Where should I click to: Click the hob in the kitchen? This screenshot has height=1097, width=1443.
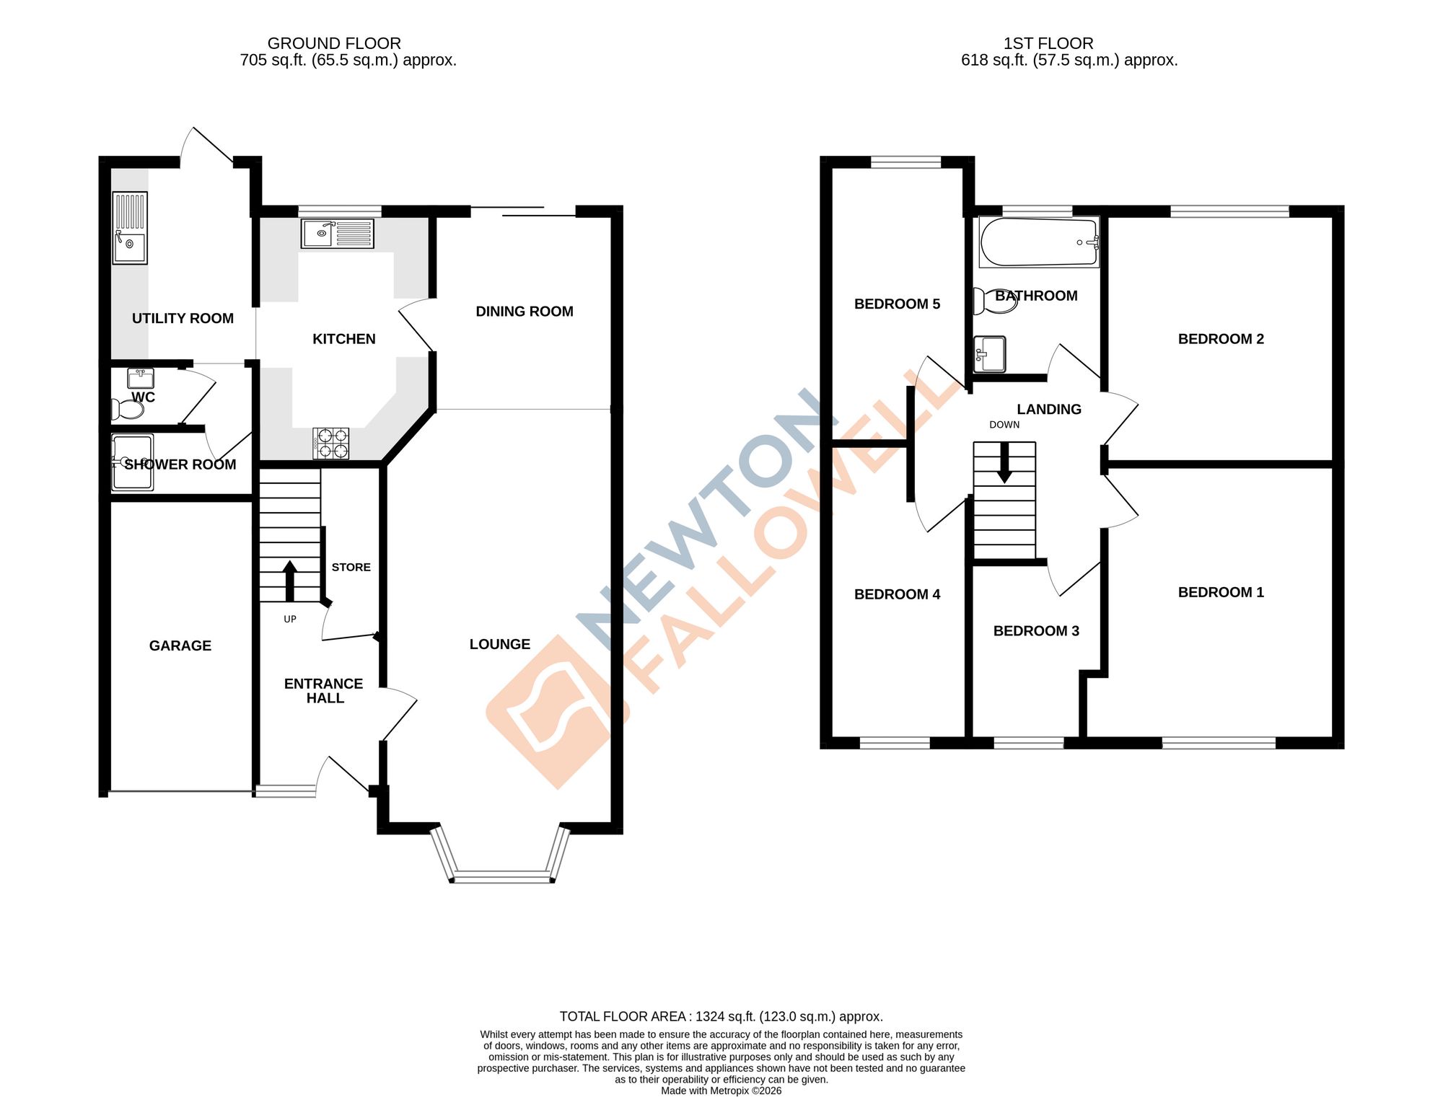coord(331,443)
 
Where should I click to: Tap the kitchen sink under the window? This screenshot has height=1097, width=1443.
coord(338,234)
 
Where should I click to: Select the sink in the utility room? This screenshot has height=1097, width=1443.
coord(130,228)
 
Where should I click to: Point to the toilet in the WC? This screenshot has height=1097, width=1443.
coord(128,410)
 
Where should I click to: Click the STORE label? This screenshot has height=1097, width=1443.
coord(351,568)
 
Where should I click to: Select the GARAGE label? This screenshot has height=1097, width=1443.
coord(180,646)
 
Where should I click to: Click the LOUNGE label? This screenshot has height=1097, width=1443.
coord(500,644)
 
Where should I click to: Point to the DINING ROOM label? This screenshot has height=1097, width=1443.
coord(525,312)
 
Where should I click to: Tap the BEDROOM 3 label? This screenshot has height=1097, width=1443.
coord(1036,631)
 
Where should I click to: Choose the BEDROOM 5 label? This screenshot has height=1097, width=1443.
coord(897,304)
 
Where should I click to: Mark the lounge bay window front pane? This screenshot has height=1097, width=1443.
coord(502,877)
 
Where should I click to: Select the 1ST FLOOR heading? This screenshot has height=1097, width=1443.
coord(1048,43)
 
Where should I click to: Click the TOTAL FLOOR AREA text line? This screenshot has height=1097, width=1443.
coord(721,1016)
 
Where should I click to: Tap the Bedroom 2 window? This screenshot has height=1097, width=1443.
coord(1229,211)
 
